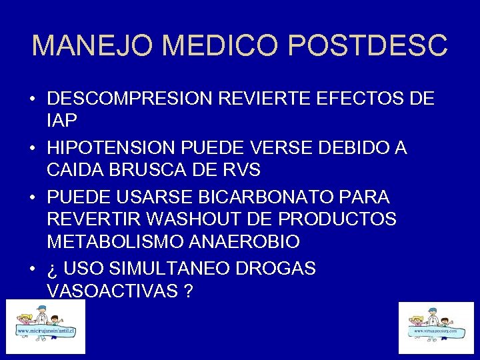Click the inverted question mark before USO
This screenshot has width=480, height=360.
tap(52, 269)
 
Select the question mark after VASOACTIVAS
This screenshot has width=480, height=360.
tap(190, 290)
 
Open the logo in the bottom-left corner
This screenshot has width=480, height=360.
tap(45, 327)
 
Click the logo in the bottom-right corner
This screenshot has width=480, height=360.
tap(436, 327)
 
